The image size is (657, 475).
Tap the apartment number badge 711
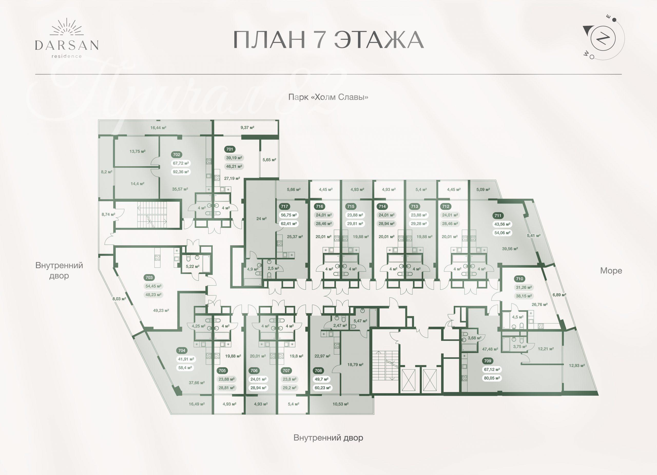pyautogui.click(x=498, y=216)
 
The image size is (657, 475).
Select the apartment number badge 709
pyautogui.click(x=488, y=361)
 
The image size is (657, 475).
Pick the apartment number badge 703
pyautogui.click(x=149, y=277)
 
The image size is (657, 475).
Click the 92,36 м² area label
pyautogui.click(x=181, y=172)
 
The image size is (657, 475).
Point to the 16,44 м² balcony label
pyautogui.click(x=158, y=128)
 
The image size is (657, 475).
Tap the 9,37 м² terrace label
pyautogui.click(x=247, y=128)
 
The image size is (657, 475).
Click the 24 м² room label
pyautogui.click(x=261, y=219)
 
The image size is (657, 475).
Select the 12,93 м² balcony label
pyautogui.click(x=577, y=365)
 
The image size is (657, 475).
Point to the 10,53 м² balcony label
pyautogui.click(x=340, y=404)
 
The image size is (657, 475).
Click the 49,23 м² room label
pyautogui.click(x=161, y=311)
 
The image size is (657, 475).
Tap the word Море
pyautogui.click(x=611, y=270)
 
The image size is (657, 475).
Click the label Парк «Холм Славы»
pyautogui.click(x=328, y=97)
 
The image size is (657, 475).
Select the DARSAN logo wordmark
pyautogui.click(x=67, y=45)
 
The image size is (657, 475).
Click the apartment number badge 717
pyautogui.click(x=284, y=207)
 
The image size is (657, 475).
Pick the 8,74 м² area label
pyautogui.click(x=108, y=215)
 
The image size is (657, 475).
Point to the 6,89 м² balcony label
pyautogui.click(x=559, y=295)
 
